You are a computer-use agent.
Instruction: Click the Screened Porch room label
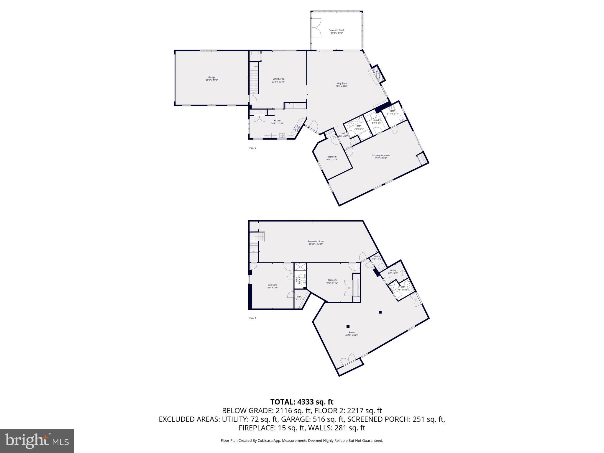coord(337,32)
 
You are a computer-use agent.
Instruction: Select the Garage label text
coord(212,78)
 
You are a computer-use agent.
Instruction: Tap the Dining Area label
coord(278,80)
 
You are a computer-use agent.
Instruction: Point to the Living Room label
coord(341,85)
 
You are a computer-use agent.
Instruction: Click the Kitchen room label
coord(278,122)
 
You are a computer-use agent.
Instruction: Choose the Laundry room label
coord(377,121)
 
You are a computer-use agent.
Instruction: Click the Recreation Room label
coord(316,242)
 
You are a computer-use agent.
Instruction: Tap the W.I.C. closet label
coord(299,298)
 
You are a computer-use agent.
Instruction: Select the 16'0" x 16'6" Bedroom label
coord(272,286)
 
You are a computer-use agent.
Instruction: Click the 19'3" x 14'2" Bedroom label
coord(332,281)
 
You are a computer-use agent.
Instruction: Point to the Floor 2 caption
coord(253,148)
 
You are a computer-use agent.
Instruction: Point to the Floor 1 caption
coord(253,318)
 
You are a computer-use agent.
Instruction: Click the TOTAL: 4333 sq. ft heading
coord(302,402)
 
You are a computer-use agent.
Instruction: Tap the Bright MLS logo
coord(37,441)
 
